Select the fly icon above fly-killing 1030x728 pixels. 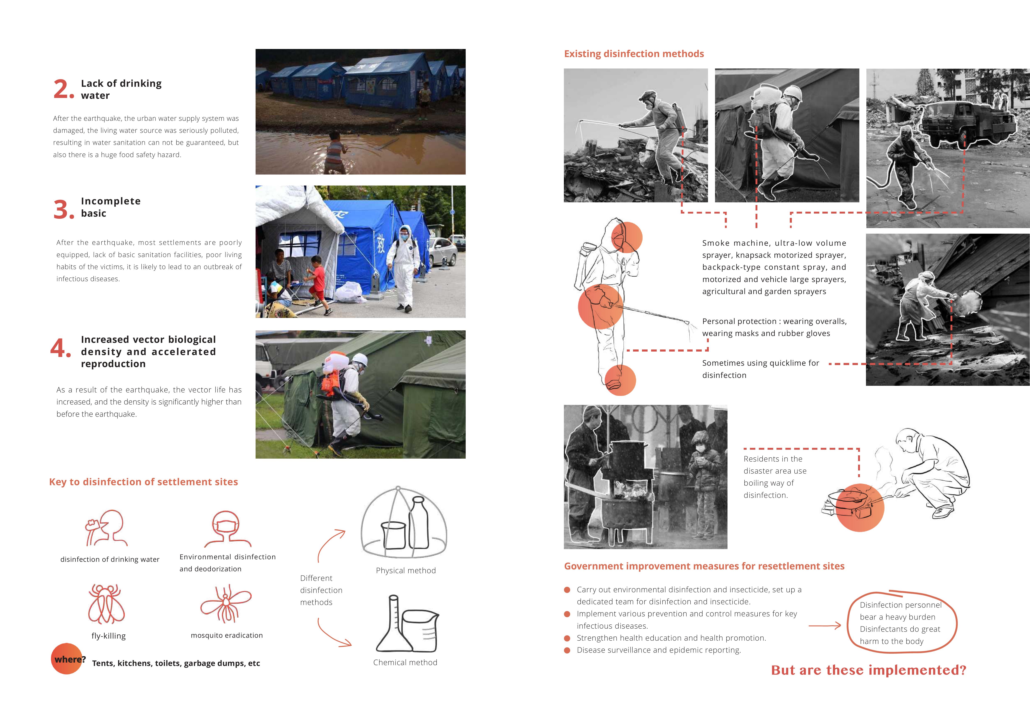coord(107,604)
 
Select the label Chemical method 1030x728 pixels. coord(405,663)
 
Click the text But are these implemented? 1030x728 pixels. coord(868,670)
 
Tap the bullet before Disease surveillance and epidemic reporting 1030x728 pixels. coord(567,650)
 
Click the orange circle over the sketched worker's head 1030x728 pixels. coord(627,237)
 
